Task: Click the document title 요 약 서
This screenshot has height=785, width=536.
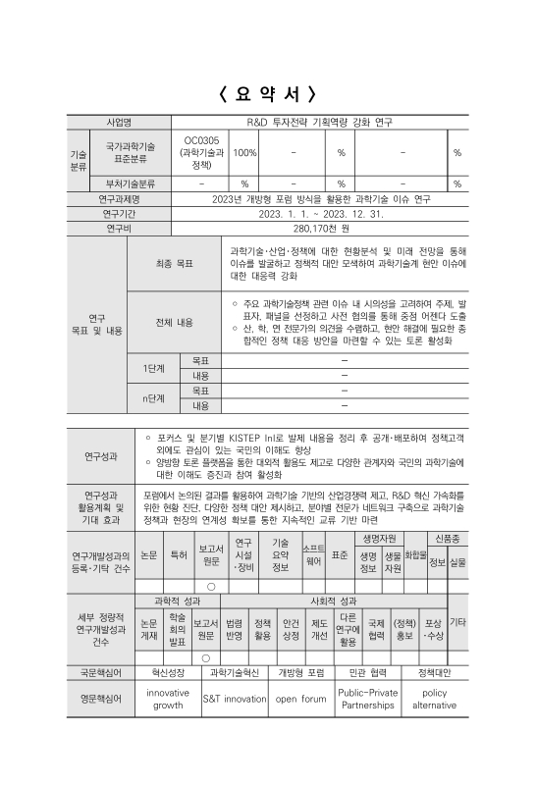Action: click(x=268, y=94)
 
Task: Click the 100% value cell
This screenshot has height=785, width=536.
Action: click(x=244, y=152)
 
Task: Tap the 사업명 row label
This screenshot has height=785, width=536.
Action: click(x=125, y=123)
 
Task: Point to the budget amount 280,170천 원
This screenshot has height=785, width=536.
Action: click(x=315, y=229)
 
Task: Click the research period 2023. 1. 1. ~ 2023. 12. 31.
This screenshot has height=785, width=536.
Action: click(x=315, y=213)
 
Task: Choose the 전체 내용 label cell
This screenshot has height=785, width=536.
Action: click(x=173, y=322)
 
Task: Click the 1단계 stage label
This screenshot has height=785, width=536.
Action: click(x=153, y=368)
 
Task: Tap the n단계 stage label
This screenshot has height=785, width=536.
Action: click(x=153, y=397)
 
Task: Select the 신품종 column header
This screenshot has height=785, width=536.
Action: click(x=447, y=539)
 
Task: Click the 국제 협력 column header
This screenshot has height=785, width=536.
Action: click(x=376, y=628)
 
